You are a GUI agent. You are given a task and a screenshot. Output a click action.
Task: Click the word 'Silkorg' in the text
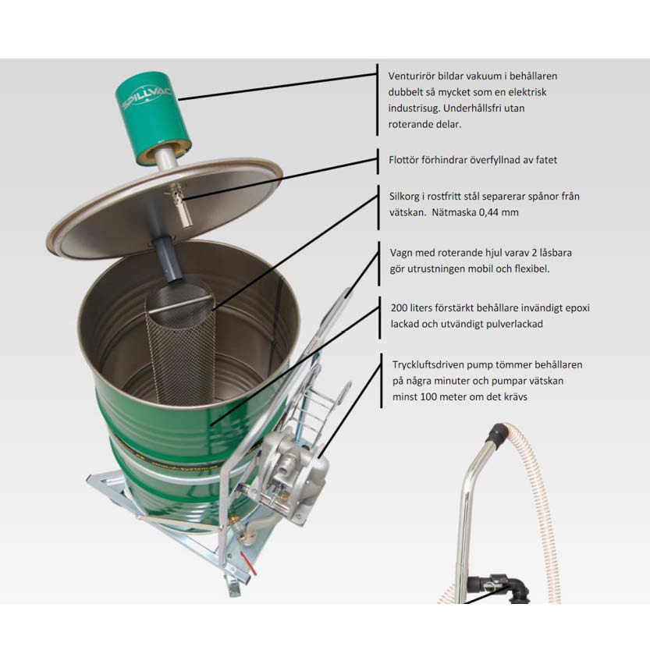click(404, 197)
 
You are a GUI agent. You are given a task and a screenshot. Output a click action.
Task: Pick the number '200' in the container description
click(399, 308)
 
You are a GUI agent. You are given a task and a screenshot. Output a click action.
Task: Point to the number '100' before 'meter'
click(428, 397)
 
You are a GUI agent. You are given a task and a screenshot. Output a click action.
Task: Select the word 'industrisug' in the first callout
click(414, 108)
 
